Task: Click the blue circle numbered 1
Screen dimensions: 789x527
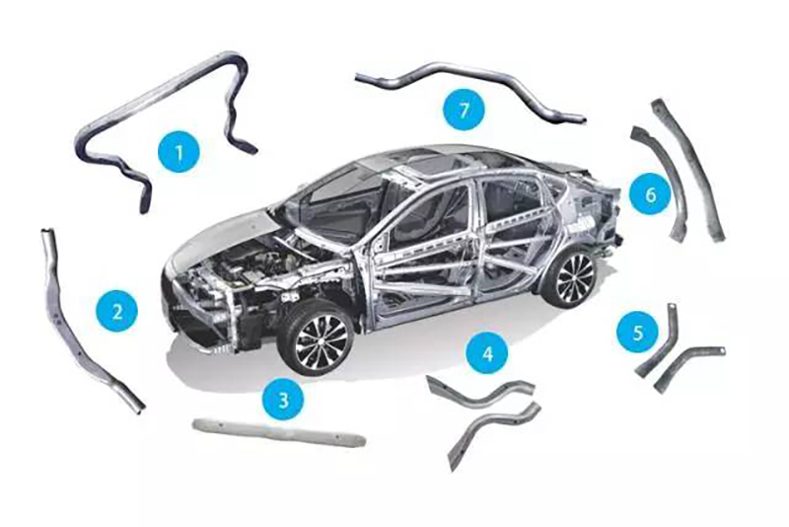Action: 179,152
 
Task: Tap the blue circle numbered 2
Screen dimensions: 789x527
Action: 117,311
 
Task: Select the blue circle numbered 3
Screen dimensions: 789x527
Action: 283,399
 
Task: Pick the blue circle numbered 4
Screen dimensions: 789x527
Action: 487,353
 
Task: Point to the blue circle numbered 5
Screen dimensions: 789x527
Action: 638,332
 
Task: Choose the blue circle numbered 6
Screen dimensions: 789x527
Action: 650,193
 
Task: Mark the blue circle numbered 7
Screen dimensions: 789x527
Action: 464,110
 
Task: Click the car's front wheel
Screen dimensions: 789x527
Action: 316,339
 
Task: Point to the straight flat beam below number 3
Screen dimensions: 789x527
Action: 279,433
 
